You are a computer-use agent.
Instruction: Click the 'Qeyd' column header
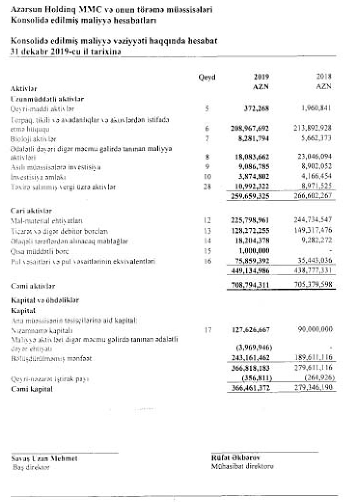[x=207, y=77]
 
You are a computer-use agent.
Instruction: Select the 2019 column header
[x=261, y=77]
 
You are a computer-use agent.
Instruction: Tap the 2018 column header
[x=324, y=76]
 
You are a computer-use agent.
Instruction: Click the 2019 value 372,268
[x=256, y=108]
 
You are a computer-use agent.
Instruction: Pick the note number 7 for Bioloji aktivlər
[x=207, y=139]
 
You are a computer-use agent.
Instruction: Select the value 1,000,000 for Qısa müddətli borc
[x=254, y=251]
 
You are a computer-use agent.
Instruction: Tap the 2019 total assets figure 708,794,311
[x=250, y=286]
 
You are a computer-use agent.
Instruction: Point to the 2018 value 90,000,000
[x=315, y=329]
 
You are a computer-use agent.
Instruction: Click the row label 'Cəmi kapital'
[x=32, y=389]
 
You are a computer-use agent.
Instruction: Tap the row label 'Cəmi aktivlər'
[x=33, y=286]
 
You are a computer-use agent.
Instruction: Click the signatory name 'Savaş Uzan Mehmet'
[x=44, y=458]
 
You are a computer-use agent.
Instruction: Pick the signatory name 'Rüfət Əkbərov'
[x=235, y=458]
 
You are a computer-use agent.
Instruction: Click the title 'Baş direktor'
[x=31, y=467]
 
